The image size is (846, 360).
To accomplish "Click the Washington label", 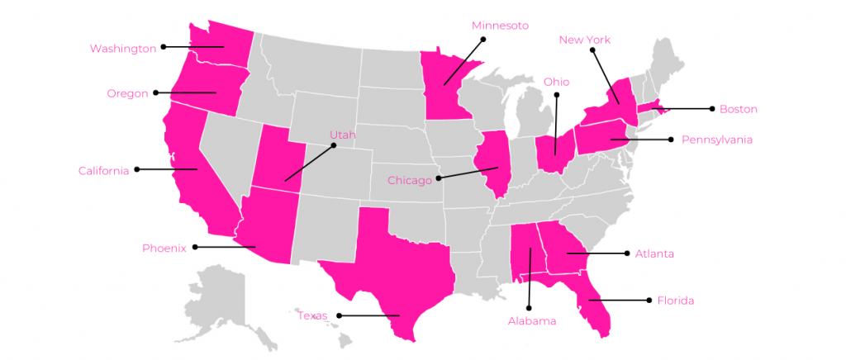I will click(123, 49).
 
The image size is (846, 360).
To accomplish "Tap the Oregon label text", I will click(127, 93).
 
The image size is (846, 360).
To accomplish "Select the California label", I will click(103, 171).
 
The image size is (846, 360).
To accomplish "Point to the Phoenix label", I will click(164, 248).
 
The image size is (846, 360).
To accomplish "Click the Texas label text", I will click(312, 315).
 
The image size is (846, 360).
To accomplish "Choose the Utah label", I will click(343, 135).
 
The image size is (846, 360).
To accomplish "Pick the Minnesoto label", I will click(500, 26).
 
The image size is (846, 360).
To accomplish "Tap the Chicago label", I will click(410, 180).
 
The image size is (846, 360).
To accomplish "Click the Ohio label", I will click(556, 82).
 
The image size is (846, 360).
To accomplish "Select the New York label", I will click(584, 40).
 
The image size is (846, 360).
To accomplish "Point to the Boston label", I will click(738, 109).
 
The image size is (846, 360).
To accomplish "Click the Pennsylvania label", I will click(716, 140).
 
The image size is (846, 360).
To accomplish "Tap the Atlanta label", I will click(654, 253).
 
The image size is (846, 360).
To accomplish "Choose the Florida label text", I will click(675, 301).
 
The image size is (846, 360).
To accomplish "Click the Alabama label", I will click(531, 321).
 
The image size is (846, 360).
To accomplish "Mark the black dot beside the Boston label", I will click(711, 108).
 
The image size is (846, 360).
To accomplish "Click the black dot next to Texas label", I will click(339, 315).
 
